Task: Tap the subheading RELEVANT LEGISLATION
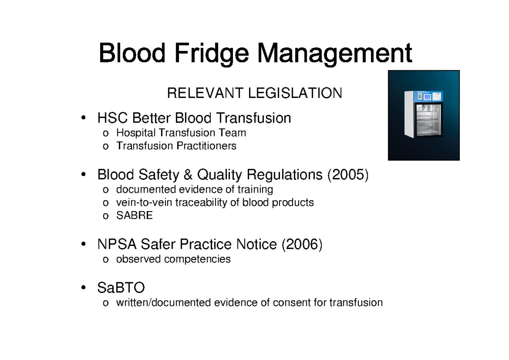click(x=255, y=93)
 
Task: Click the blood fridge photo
click(x=424, y=115)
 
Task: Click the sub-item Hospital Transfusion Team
click(x=181, y=133)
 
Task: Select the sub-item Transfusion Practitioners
click(x=176, y=146)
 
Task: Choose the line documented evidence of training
click(x=195, y=189)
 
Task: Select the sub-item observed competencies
click(x=173, y=259)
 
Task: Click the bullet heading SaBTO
click(x=121, y=288)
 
